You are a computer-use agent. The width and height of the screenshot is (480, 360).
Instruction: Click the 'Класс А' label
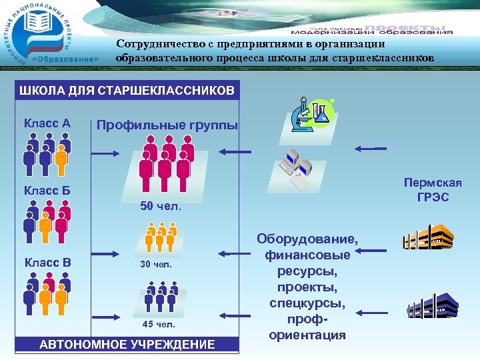click(x=47, y=123)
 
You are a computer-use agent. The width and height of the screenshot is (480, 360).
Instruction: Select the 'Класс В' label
click(x=47, y=262)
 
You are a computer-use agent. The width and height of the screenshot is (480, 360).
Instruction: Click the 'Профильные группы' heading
click(x=167, y=124)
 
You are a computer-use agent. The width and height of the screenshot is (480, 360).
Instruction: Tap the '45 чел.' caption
click(x=159, y=325)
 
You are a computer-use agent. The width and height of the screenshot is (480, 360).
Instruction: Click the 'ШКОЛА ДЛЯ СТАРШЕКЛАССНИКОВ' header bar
click(x=127, y=90)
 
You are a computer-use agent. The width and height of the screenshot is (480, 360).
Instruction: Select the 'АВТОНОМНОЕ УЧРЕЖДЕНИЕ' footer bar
click(x=127, y=345)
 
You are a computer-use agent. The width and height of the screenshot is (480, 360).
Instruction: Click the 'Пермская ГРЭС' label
click(x=433, y=190)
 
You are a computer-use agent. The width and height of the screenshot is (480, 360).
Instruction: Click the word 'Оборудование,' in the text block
click(x=307, y=239)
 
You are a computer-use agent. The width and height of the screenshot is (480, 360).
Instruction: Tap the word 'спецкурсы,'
click(x=307, y=303)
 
